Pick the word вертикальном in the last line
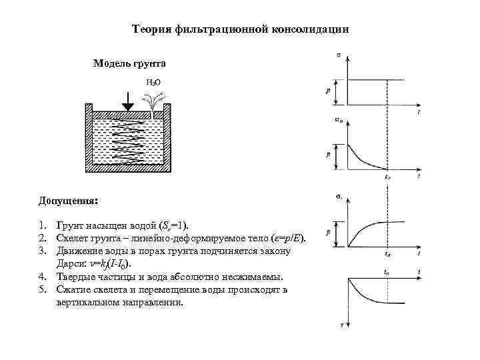tap(89, 302)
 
